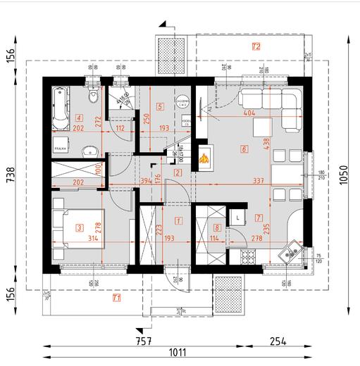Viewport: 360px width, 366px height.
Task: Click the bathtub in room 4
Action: (x=59, y=108)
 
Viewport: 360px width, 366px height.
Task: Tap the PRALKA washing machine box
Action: (x=60, y=149)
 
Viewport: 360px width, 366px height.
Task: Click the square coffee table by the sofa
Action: (x=261, y=127)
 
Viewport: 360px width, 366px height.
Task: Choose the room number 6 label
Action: (x=244, y=149)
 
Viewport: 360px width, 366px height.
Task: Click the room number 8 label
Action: (x=217, y=227)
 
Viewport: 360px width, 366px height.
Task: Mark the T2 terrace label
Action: (x=256, y=46)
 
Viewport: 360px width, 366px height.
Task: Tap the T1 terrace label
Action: (x=116, y=298)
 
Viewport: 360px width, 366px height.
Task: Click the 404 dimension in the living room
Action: (x=248, y=113)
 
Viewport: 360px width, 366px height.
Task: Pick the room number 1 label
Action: (x=178, y=220)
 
